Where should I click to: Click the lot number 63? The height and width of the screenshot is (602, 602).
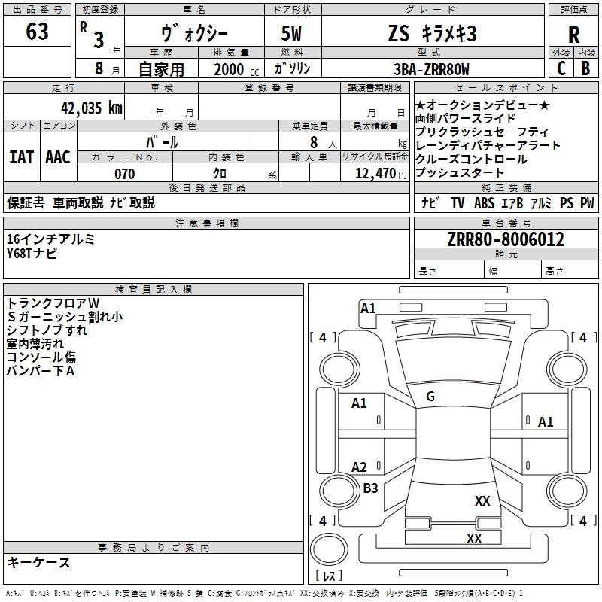click(37, 33)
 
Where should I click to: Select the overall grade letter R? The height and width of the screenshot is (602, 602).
click(573, 35)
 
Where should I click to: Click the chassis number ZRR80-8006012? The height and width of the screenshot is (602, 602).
click(505, 239)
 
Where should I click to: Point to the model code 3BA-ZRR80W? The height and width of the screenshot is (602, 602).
click(430, 70)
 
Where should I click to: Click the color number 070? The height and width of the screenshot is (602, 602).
click(124, 174)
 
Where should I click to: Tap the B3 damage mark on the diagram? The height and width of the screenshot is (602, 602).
click(370, 488)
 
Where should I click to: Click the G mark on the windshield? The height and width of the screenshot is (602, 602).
click(430, 397)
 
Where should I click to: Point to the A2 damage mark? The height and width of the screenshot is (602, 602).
click(360, 467)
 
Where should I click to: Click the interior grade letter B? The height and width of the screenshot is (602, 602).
click(585, 68)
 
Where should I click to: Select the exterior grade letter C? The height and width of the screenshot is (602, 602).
click(561, 68)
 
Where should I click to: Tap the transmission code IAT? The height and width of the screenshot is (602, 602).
click(21, 157)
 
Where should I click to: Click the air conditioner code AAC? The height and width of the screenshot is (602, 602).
click(58, 157)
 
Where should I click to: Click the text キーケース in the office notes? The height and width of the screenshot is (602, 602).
click(38, 562)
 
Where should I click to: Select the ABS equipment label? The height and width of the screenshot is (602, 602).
click(483, 203)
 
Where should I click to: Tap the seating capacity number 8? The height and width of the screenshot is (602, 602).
click(312, 142)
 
